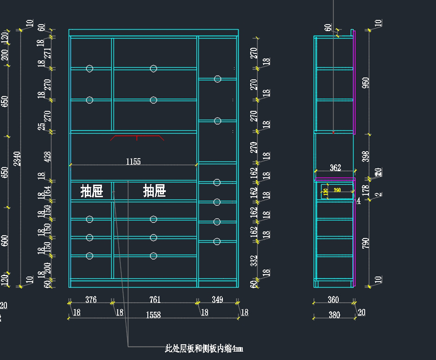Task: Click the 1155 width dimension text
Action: (133, 161)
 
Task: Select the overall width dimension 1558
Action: (153, 315)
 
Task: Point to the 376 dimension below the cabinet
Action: (91, 300)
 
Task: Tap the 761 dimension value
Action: (155, 300)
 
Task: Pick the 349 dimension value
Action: (217, 300)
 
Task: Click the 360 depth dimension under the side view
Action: (333, 300)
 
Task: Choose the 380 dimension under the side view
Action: (334, 315)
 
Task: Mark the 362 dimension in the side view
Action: (335, 168)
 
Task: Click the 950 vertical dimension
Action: (366, 85)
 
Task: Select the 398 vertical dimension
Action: (366, 157)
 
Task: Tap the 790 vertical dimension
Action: (366, 243)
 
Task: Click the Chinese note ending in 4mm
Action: (204, 349)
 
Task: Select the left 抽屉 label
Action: (92, 191)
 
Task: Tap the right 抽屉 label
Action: (154, 191)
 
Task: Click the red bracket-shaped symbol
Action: (137, 137)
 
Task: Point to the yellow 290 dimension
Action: (337, 190)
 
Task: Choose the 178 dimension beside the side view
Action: (366, 190)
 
